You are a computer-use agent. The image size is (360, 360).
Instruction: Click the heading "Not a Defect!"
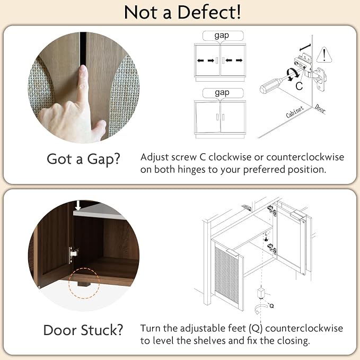[x=182, y=12]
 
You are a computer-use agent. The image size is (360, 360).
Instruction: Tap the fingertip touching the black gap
[x=83, y=68]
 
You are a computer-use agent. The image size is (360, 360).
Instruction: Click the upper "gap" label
[x=222, y=36]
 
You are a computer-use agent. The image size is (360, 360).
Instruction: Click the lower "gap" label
[x=222, y=93]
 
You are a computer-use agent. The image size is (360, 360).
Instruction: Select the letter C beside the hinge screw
[x=299, y=86]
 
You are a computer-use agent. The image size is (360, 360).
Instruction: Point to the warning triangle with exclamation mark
[x=324, y=55]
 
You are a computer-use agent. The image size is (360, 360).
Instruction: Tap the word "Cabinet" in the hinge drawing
[x=295, y=111]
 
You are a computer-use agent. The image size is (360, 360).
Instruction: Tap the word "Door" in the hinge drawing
[x=320, y=108]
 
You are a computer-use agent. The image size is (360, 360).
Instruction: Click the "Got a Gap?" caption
[x=84, y=159]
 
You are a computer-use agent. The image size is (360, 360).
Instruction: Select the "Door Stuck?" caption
[x=83, y=330]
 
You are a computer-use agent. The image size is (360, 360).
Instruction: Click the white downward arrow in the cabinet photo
[x=78, y=205]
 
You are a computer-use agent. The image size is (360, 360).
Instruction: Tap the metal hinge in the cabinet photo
[x=74, y=254]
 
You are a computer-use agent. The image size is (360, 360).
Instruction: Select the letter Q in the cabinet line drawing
[x=271, y=306]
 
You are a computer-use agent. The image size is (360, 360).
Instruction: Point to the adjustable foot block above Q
[x=261, y=293]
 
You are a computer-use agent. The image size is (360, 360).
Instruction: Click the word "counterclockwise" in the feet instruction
[x=304, y=328]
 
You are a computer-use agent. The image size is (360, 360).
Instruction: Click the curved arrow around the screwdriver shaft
[x=292, y=74]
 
